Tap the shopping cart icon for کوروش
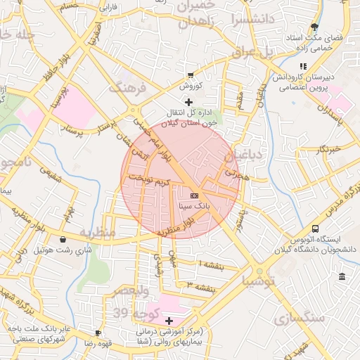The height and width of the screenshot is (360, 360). click(191, 75)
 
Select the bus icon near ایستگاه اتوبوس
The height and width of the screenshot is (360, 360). click(316, 229)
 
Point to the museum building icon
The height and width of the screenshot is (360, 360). click(342, 276)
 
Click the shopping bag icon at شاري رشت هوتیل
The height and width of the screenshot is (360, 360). click(63, 239)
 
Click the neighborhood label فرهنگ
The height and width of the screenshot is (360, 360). click(127, 89)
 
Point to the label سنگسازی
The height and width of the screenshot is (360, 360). click(306, 318)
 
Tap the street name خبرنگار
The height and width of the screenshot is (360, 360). click(328, 149)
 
